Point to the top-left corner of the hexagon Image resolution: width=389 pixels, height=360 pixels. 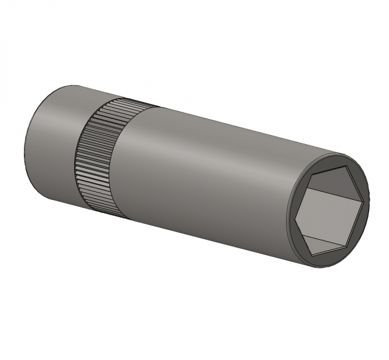315,173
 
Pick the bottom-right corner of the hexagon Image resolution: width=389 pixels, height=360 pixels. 347,246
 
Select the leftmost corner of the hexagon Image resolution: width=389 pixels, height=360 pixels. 296,215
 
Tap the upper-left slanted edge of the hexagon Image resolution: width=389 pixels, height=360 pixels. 306,194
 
